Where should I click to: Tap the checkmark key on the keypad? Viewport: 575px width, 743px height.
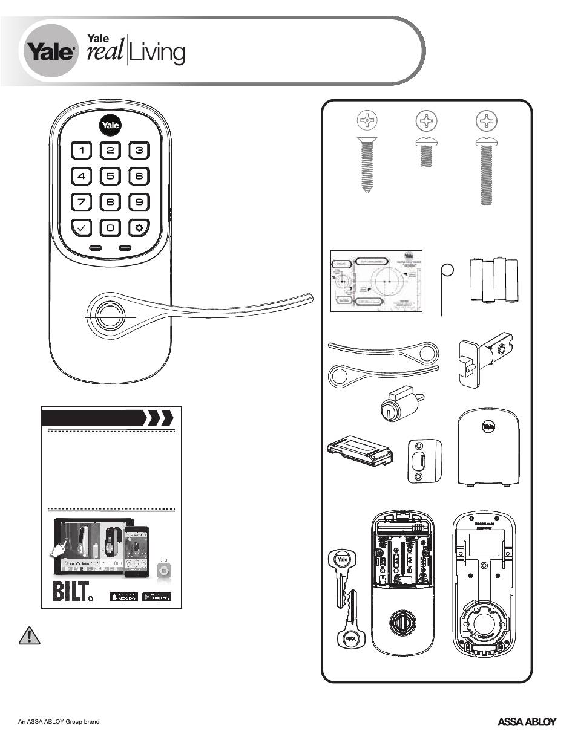pyautogui.click(x=82, y=228)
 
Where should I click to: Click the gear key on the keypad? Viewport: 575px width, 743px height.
pyautogui.click(x=139, y=228)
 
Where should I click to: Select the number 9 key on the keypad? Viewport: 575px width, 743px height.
pyautogui.click(x=139, y=201)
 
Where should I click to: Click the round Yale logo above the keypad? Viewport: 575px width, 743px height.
pyautogui.click(x=110, y=126)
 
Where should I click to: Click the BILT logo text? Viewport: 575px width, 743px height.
pyautogui.click(x=71, y=591)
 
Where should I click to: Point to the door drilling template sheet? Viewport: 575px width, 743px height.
pyautogui.click(x=375, y=281)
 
